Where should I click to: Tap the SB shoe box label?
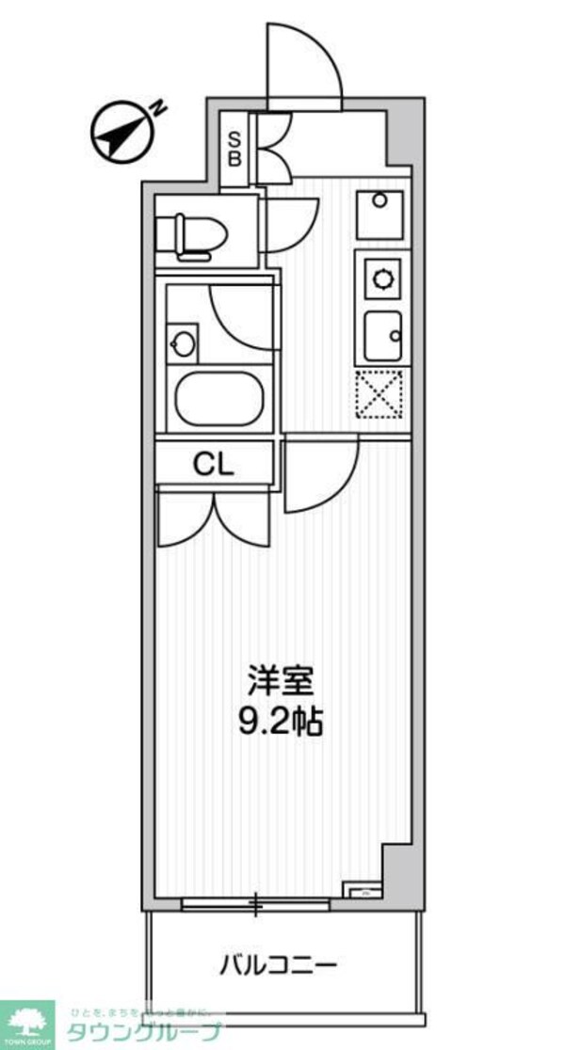click(x=234, y=148)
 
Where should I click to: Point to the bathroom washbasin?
click(x=182, y=343)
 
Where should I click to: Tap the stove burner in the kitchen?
click(x=382, y=278)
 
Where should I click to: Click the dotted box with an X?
click(x=379, y=393)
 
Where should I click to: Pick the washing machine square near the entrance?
click(x=379, y=215)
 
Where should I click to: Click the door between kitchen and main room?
click(x=320, y=475)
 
